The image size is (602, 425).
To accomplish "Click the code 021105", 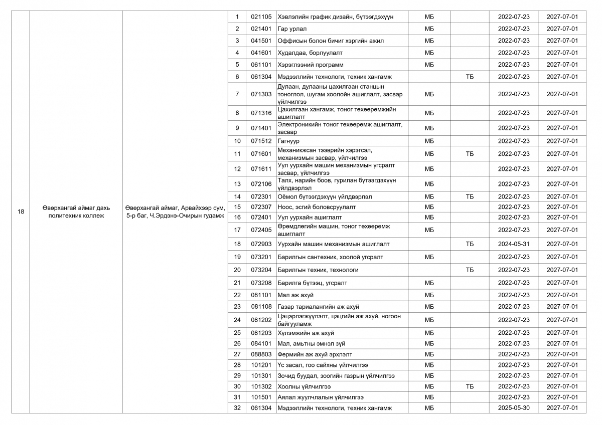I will pyautogui.click(x=261, y=17).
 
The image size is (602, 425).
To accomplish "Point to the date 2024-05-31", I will pyautogui.click(x=513, y=244).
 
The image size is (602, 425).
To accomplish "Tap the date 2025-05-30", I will pyautogui.click(x=513, y=408).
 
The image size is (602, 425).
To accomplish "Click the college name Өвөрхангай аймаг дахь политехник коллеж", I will pyautogui.click(x=76, y=211).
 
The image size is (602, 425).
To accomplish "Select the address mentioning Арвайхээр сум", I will pyautogui.click(x=175, y=211).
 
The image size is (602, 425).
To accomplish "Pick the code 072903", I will pyautogui.click(x=261, y=244).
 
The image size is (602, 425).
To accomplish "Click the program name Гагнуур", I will pyautogui.click(x=288, y=141).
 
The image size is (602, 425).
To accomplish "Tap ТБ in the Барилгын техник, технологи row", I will pyautogui.click(x=470, y=270).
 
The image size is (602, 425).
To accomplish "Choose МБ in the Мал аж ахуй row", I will pyautogui.click(x=429, y=295).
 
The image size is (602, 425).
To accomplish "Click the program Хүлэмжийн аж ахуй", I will pyautogui.click(x=306, y=333).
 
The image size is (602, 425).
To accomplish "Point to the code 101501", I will pyautogui.click(x=261, y=397).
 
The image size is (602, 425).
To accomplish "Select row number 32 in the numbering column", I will pyautogui.click(x=237, y=408).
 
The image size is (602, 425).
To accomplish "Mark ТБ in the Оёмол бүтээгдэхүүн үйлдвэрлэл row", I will pyautogui.click(x=470, y=197).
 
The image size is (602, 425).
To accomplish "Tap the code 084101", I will pyautogui.click(x=261, y=344).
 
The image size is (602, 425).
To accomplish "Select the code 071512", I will pyautogui.click(x=261, y=141).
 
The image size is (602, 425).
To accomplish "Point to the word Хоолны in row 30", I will pyautogui.click(x=288, y=386).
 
